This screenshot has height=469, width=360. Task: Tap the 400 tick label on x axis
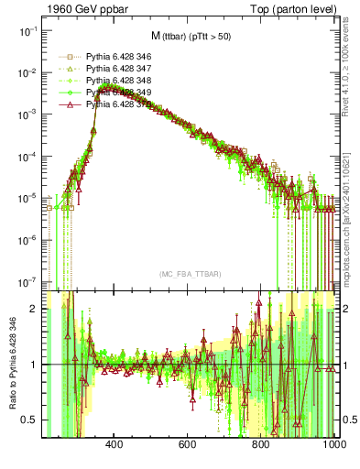(115, 444)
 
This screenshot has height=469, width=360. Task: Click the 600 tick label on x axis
(188, 444)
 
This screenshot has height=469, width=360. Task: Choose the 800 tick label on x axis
(261, 444)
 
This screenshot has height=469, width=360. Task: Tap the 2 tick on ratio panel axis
(35, 309)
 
